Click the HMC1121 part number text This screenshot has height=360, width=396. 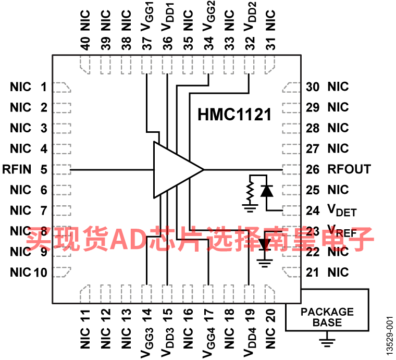click(234, 115)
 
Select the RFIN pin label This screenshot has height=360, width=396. click(17, 169)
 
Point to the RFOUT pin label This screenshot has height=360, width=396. click(349, 169)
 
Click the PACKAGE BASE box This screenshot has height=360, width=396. click(327, 310)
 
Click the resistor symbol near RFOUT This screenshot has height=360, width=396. click(250, 191)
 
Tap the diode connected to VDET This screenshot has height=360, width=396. click(266, 191)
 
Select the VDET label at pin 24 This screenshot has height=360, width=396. click(342, 210)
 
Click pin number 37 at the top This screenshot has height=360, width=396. click(146, 43)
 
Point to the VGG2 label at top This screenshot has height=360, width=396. click(208, 16)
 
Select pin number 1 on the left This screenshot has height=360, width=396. click(44, 87)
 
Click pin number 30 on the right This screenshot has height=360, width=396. click(313, 87)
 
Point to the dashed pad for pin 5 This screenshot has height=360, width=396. click(62, 169)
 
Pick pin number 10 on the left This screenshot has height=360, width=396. click(41, 272)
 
